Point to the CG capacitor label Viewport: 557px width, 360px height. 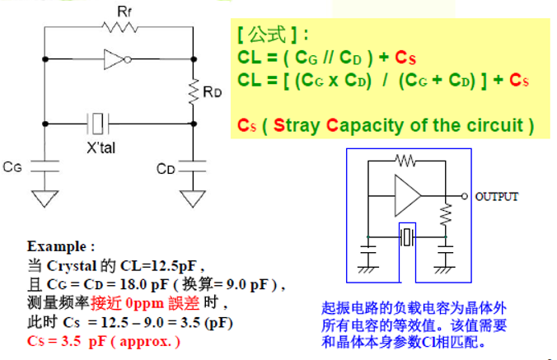click(12, 166)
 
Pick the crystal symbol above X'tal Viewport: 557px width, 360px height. click(100, 124)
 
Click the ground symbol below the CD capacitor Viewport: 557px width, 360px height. click(194, 199)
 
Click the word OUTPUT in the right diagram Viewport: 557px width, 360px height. click(497, 196)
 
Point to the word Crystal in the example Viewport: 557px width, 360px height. click(69, 266)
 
